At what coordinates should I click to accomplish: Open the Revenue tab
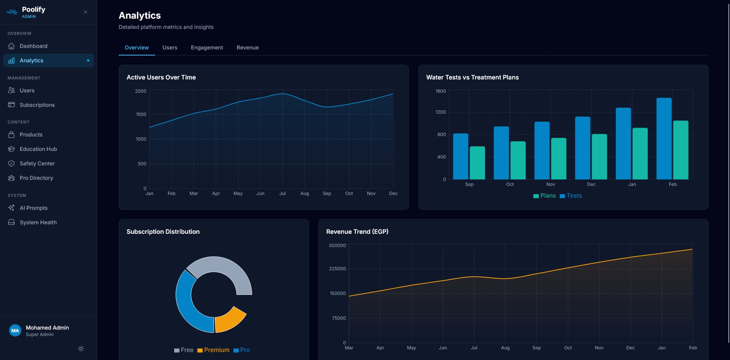pos(248,48)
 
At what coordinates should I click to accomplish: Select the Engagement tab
pos(207,48)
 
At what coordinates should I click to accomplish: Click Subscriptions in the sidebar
pos(37,105)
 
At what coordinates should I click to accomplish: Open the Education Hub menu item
pos(38,149)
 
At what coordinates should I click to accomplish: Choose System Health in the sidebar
pos(38,222)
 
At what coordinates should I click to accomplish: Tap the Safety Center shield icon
pos(11,163)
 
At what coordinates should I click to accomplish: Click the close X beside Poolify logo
pos(86,12)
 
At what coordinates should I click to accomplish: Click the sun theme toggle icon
pos(81,349)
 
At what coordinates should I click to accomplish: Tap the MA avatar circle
pos(15,330)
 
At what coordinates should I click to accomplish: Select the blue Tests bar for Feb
pos(664,139)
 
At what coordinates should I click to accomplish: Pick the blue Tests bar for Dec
pos(582,148)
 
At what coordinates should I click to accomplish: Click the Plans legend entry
pos(544,196)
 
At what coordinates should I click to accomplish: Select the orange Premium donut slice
pos(230,320)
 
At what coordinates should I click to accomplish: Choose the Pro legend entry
pos(242,350)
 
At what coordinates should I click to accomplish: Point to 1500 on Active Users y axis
pos(141,114)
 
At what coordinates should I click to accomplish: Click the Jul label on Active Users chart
pos(282,193)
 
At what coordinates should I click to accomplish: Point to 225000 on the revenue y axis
pos(337,269)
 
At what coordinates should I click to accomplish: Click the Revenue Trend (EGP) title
pos(357,232)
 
